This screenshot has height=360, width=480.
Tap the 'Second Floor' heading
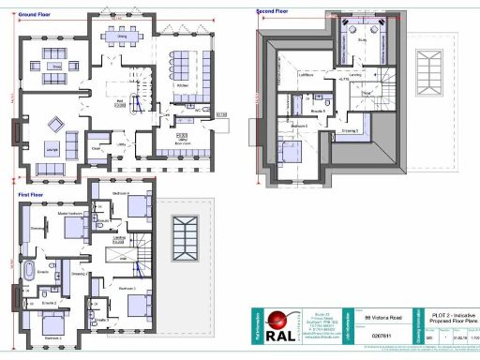pyautogui.click(x=272, y=12)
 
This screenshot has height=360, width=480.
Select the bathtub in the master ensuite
pyautogui.click(x=29, y=275)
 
